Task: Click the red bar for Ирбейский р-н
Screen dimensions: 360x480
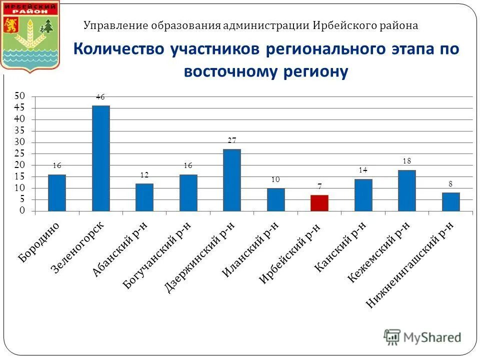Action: coord(319,203)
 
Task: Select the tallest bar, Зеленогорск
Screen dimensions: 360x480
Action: coord(100,158)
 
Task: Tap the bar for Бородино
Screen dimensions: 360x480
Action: coord(57,192)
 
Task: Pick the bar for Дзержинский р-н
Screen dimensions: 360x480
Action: coord(232,180)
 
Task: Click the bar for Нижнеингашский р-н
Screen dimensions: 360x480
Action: coord(450,201)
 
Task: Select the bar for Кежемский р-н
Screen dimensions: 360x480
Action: coord(407,190)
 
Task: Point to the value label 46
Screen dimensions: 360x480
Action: coord(100,97)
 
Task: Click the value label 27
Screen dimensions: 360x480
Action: coord(232,141)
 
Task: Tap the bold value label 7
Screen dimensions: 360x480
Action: coord(319,186)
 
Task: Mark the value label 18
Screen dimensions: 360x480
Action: coord(407,161)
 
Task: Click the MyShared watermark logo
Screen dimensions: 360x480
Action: coord(422,337)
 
